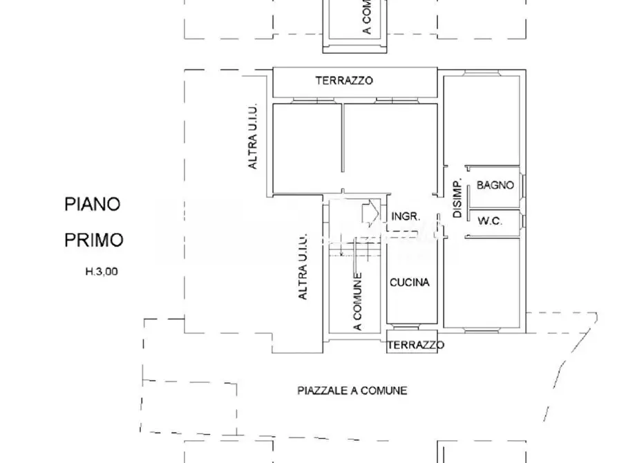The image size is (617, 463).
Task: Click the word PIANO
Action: click(92, 204)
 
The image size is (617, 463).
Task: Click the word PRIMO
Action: click(94, 240)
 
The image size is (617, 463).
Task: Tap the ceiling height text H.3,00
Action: click(102, 272)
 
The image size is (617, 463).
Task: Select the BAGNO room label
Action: click(495, 185)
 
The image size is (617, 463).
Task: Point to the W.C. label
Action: click(489, 221)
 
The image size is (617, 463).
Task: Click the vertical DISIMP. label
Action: click(457, 199)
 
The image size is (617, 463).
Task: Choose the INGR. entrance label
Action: click(406, 216)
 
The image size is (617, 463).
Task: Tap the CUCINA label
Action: click(410, 282)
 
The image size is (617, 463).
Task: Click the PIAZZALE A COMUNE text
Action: click(352, 390)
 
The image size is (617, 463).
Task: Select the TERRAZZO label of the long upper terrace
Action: click(344, 80)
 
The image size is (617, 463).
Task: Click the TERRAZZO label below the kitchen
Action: click(415, 345)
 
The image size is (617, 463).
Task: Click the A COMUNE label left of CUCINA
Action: click(357, 302)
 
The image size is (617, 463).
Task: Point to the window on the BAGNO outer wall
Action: click(524, 185)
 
